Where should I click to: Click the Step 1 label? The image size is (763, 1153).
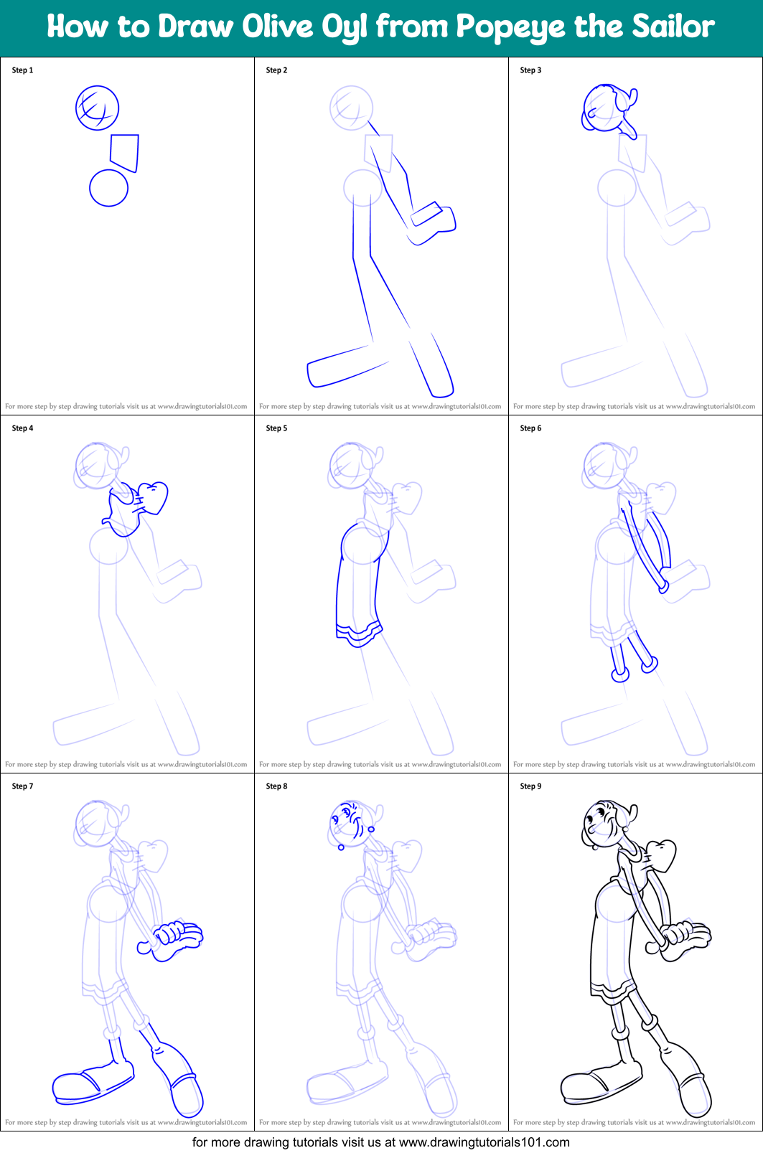(x=22, y=70)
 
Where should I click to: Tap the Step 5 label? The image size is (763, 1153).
(x=276, y=428)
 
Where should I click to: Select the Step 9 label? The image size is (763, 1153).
(x=530, y=786)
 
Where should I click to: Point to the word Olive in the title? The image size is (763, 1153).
(x=271, y=27)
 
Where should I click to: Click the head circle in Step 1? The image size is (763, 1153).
(x=97, y=108)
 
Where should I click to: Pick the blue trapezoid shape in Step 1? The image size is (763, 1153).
(x=124, y=152)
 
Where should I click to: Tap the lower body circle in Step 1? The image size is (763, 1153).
(x=108, y=188)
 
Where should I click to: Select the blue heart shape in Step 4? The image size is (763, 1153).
(x=153, y=497)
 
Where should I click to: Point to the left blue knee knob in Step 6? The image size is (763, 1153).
(x=620, y=674)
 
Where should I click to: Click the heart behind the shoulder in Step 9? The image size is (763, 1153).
(x=661, y=855)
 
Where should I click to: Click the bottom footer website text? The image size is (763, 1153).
(x=380, y=1142)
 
